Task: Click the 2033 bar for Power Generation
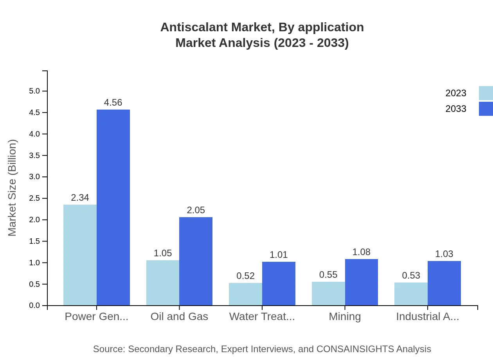coord(113,207)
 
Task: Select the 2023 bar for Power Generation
coord(80,255)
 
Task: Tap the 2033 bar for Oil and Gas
coord(196,261)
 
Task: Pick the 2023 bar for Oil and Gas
coord(163,283)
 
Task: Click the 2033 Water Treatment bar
coord(279,283)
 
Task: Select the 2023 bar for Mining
coord(328,293)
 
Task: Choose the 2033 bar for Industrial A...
coord(444,283)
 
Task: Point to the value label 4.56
coord(113,103)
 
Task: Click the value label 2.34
coord(80,198)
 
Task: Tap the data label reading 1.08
coord(361,252)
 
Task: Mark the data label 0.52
coord(245,276)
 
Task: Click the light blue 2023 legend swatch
coord(486,93)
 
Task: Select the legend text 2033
coord(456,109)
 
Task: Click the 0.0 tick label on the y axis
coord(34,306)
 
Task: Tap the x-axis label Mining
coord(345,317)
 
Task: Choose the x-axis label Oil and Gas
coord(179,317)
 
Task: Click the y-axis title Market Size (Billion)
coord(13,188)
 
